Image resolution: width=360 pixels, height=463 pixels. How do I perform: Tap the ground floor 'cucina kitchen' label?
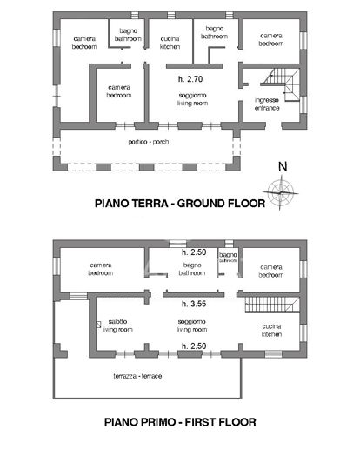tap(170, 43)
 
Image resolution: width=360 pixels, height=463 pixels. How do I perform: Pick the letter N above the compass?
tap(282, 166)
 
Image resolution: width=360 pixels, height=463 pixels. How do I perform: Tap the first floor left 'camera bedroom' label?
tap(102, 269)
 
